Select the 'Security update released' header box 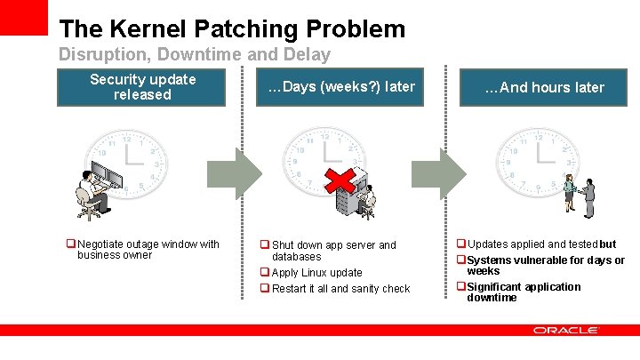coord(142,87)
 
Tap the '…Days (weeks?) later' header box coord(341,87)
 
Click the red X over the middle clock coord(338,180)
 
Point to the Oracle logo coord(566,330)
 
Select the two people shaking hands coord(579,196)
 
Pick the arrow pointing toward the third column coord(452,168)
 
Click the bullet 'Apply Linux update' coord(316,273)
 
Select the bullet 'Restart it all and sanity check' coord(340,289)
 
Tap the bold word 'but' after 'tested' coord(608,244)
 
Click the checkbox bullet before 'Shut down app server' coord(264,245)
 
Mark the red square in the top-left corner coord(23,17)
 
